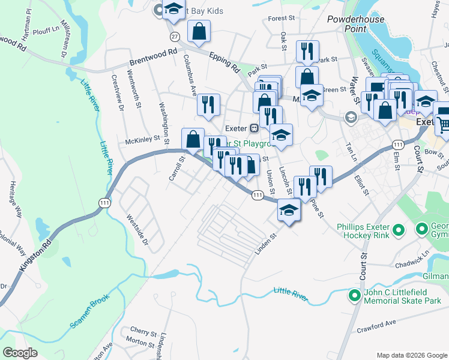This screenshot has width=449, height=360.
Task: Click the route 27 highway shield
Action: click(175, 37)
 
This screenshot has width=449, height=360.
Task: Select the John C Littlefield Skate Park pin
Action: click(355, 295)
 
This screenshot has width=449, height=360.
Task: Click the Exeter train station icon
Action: click(255, 128)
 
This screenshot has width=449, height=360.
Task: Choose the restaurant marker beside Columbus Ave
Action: click(208, 104)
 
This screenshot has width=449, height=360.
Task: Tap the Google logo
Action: click(20, 353)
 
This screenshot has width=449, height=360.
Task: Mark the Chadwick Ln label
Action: click(412, 262)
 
